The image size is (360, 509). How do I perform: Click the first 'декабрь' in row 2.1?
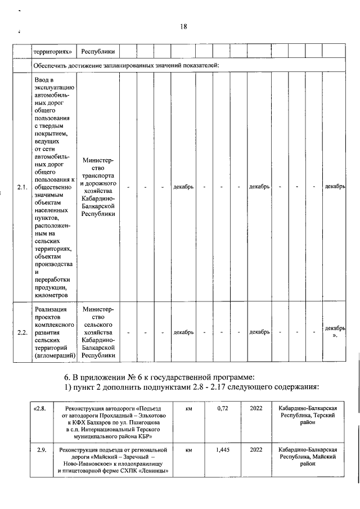tap(184, 187)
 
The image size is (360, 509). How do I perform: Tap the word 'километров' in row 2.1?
tap(52, 294)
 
